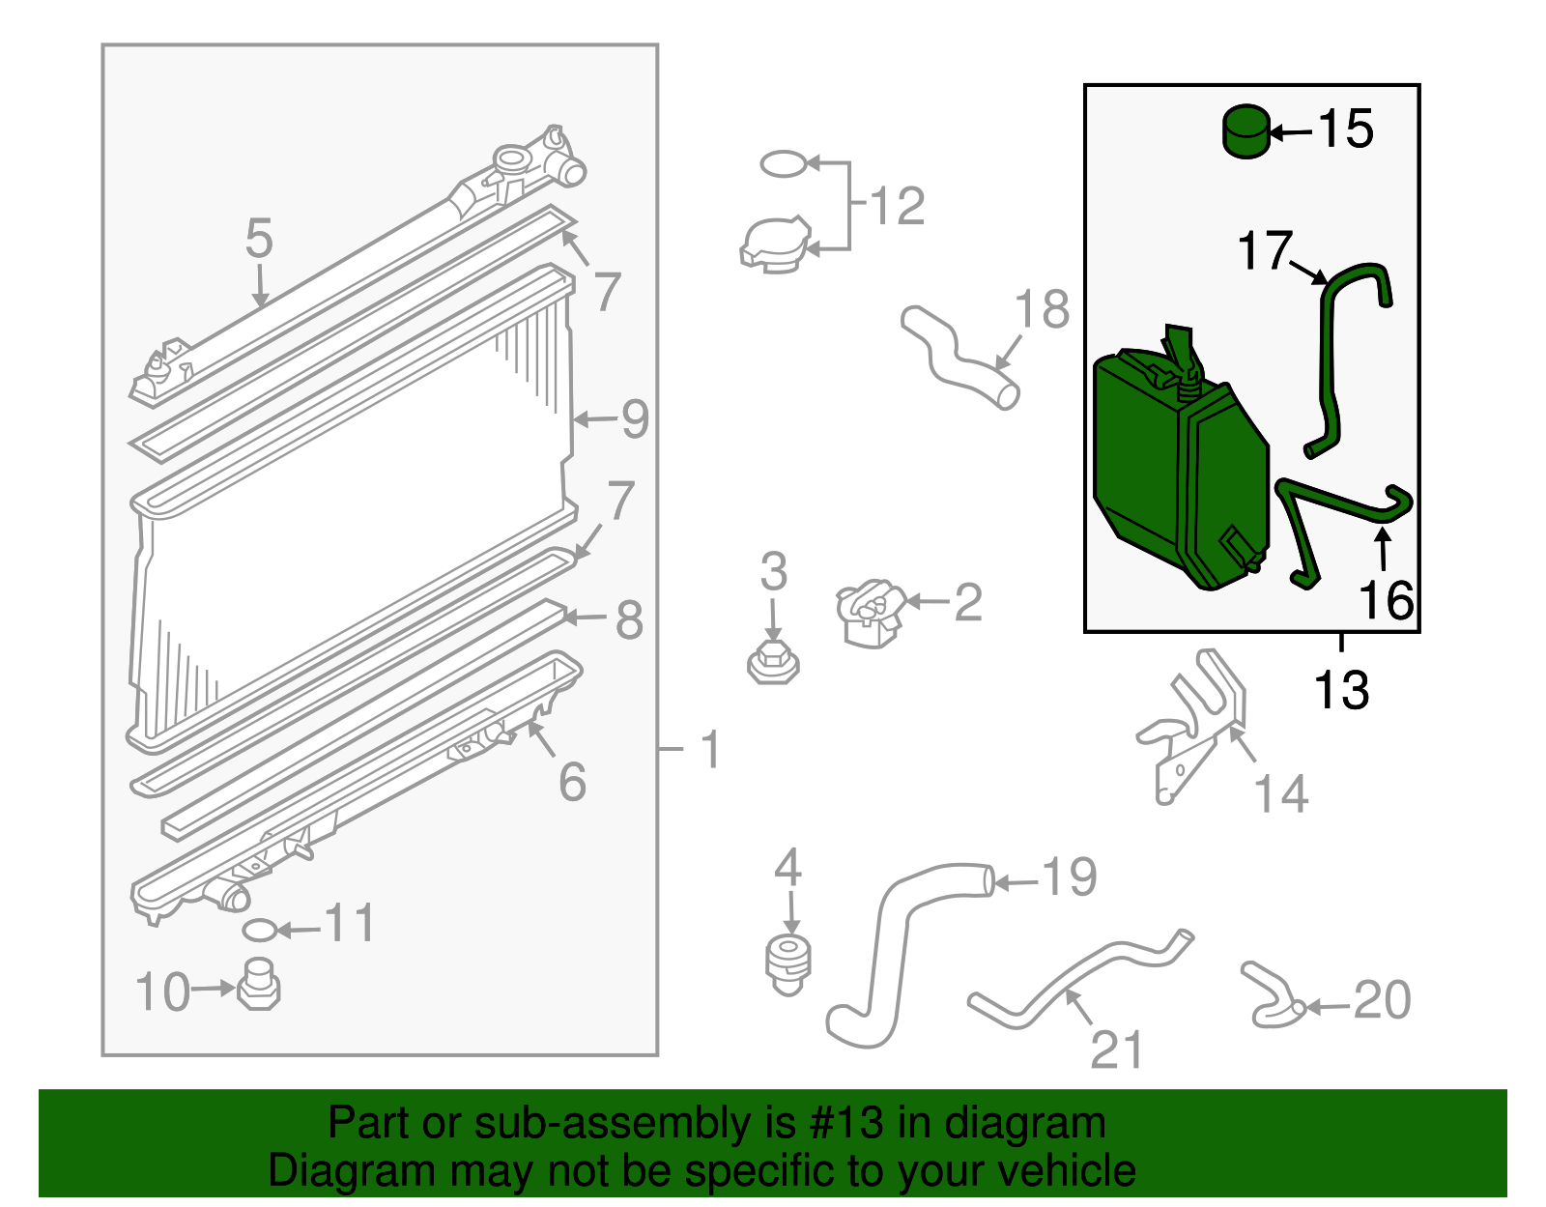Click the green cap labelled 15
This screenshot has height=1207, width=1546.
[x=1246, y=132]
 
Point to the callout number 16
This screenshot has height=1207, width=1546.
[x=1387, y=599]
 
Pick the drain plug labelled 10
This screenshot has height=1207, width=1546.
[x=258, y=985]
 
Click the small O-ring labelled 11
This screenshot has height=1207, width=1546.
[x=259, y=930]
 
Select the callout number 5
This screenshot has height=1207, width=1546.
[x=259, y=239]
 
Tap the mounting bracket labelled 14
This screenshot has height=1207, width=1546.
[x=1191, y=726]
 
